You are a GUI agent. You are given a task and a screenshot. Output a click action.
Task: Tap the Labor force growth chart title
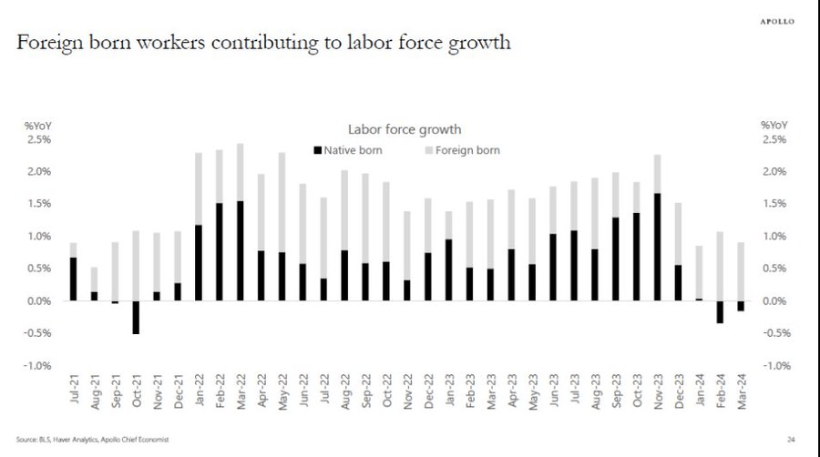coord(405,130)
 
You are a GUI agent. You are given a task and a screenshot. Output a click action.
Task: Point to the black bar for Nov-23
coord(657,247)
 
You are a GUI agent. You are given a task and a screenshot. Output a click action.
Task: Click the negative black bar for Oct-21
coord(136,317)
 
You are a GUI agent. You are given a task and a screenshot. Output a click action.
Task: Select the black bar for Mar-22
coord(241,250)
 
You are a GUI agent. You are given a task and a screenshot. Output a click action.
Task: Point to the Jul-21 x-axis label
coord(74,383)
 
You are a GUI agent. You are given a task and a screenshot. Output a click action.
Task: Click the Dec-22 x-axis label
coord(427,383)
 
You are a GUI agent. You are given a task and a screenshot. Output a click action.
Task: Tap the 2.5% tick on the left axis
coord(36,139)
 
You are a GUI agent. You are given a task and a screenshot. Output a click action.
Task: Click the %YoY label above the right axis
coord(774,125)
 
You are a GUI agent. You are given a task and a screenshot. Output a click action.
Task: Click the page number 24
coord(792,440)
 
